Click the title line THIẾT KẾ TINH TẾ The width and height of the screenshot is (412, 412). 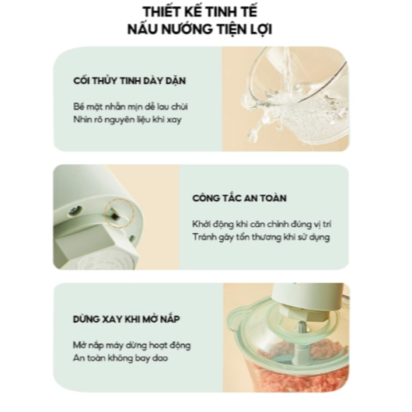pos(200,11)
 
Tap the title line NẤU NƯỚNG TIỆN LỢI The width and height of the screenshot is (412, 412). pos(200,29)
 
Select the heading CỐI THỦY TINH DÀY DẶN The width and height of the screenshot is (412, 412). pos(130,80)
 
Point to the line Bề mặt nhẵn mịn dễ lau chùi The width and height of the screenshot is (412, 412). pos(131,106)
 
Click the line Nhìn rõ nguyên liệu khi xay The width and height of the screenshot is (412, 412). pos(127,120)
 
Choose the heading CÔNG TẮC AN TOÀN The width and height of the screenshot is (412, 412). pos(239,198)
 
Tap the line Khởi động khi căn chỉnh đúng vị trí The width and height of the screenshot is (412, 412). pos(262,224)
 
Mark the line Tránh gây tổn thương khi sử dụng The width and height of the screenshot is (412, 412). pos(261,237)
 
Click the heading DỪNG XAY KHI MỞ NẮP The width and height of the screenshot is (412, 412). pos(127,319)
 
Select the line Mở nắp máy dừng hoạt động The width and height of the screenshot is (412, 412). pos(131,345)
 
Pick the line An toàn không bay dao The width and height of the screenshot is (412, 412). pos(120,358)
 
